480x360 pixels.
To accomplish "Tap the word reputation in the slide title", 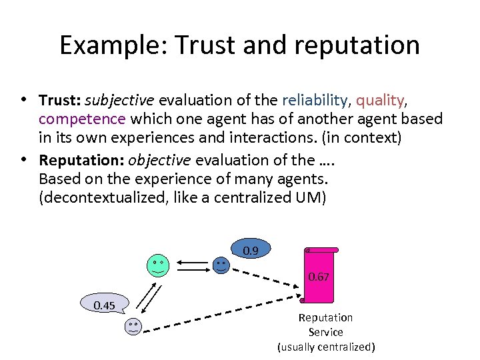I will tap(353, 45).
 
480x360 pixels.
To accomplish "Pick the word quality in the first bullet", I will tap(380, 101).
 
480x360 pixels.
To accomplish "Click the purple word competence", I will tap(82, 119).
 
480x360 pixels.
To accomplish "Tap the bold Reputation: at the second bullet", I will tap(82, 161).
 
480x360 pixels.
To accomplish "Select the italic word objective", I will tap(160, 161).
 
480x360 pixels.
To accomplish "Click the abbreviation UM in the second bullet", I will tap(311, 198).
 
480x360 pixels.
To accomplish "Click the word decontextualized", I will tap(109, 198).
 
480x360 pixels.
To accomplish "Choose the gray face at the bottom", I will tap(133, 327).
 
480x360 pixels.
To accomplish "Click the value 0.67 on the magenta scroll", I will tap(319, 277).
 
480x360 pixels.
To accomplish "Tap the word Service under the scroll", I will tap(325, 332).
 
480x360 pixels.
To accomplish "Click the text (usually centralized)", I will tap(326, 347).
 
